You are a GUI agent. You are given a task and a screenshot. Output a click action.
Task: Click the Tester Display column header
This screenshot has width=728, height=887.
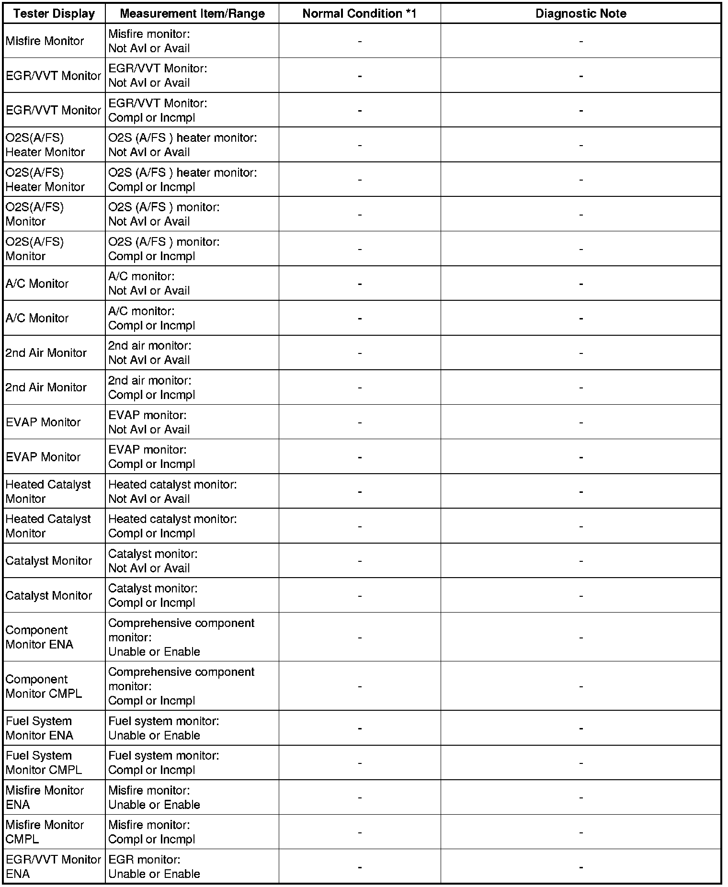click(x=54, y=13)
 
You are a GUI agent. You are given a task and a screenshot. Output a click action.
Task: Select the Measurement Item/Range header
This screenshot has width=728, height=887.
click(x=192, y=13)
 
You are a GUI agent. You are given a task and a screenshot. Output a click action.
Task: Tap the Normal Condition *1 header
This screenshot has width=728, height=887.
click(x=359, y=13)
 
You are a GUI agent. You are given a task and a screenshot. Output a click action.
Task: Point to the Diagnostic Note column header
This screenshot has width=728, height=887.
click(x=580, y=13)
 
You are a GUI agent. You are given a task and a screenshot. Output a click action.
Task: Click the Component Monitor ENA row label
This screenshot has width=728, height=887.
click(x=39, y=637)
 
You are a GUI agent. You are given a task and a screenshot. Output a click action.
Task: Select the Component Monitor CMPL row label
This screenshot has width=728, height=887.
click(x=44, y=686)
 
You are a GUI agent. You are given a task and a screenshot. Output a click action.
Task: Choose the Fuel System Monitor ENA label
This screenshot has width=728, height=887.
click(x=39, y=728)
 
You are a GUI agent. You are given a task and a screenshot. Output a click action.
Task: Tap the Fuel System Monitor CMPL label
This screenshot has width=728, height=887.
click(x=44, y=762)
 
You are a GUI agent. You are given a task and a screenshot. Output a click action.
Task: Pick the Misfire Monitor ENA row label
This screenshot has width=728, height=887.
click(x=45, y=797)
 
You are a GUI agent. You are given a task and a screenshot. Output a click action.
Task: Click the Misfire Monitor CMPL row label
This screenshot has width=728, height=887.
click(x=45, y=832)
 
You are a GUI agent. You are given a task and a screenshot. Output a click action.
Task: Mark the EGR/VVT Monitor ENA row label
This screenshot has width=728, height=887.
click(x=53, y=866)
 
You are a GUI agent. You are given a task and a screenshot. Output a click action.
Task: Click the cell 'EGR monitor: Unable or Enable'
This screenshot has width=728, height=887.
click(x=154, y=866)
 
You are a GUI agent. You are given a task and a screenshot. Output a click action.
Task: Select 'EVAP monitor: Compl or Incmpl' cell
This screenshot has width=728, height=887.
click(x=151, y=456)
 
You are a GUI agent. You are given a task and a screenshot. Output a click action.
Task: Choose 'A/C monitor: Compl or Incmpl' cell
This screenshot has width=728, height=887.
click(x=151, y=318)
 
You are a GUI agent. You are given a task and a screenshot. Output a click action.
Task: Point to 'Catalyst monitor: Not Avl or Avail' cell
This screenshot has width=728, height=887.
click(x=152, y=561)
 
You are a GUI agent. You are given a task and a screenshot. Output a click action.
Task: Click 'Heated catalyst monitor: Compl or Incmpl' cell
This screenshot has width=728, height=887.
click(x=172, y=526)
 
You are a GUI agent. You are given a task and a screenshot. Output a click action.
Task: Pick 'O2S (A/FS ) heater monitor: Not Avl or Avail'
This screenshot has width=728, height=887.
click(x=182, y=145)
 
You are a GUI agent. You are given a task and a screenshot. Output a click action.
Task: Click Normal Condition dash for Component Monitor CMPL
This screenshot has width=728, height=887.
click(x=360, y=686)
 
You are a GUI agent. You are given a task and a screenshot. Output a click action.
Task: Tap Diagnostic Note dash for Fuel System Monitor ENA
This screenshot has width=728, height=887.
click(x=581, y=728)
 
